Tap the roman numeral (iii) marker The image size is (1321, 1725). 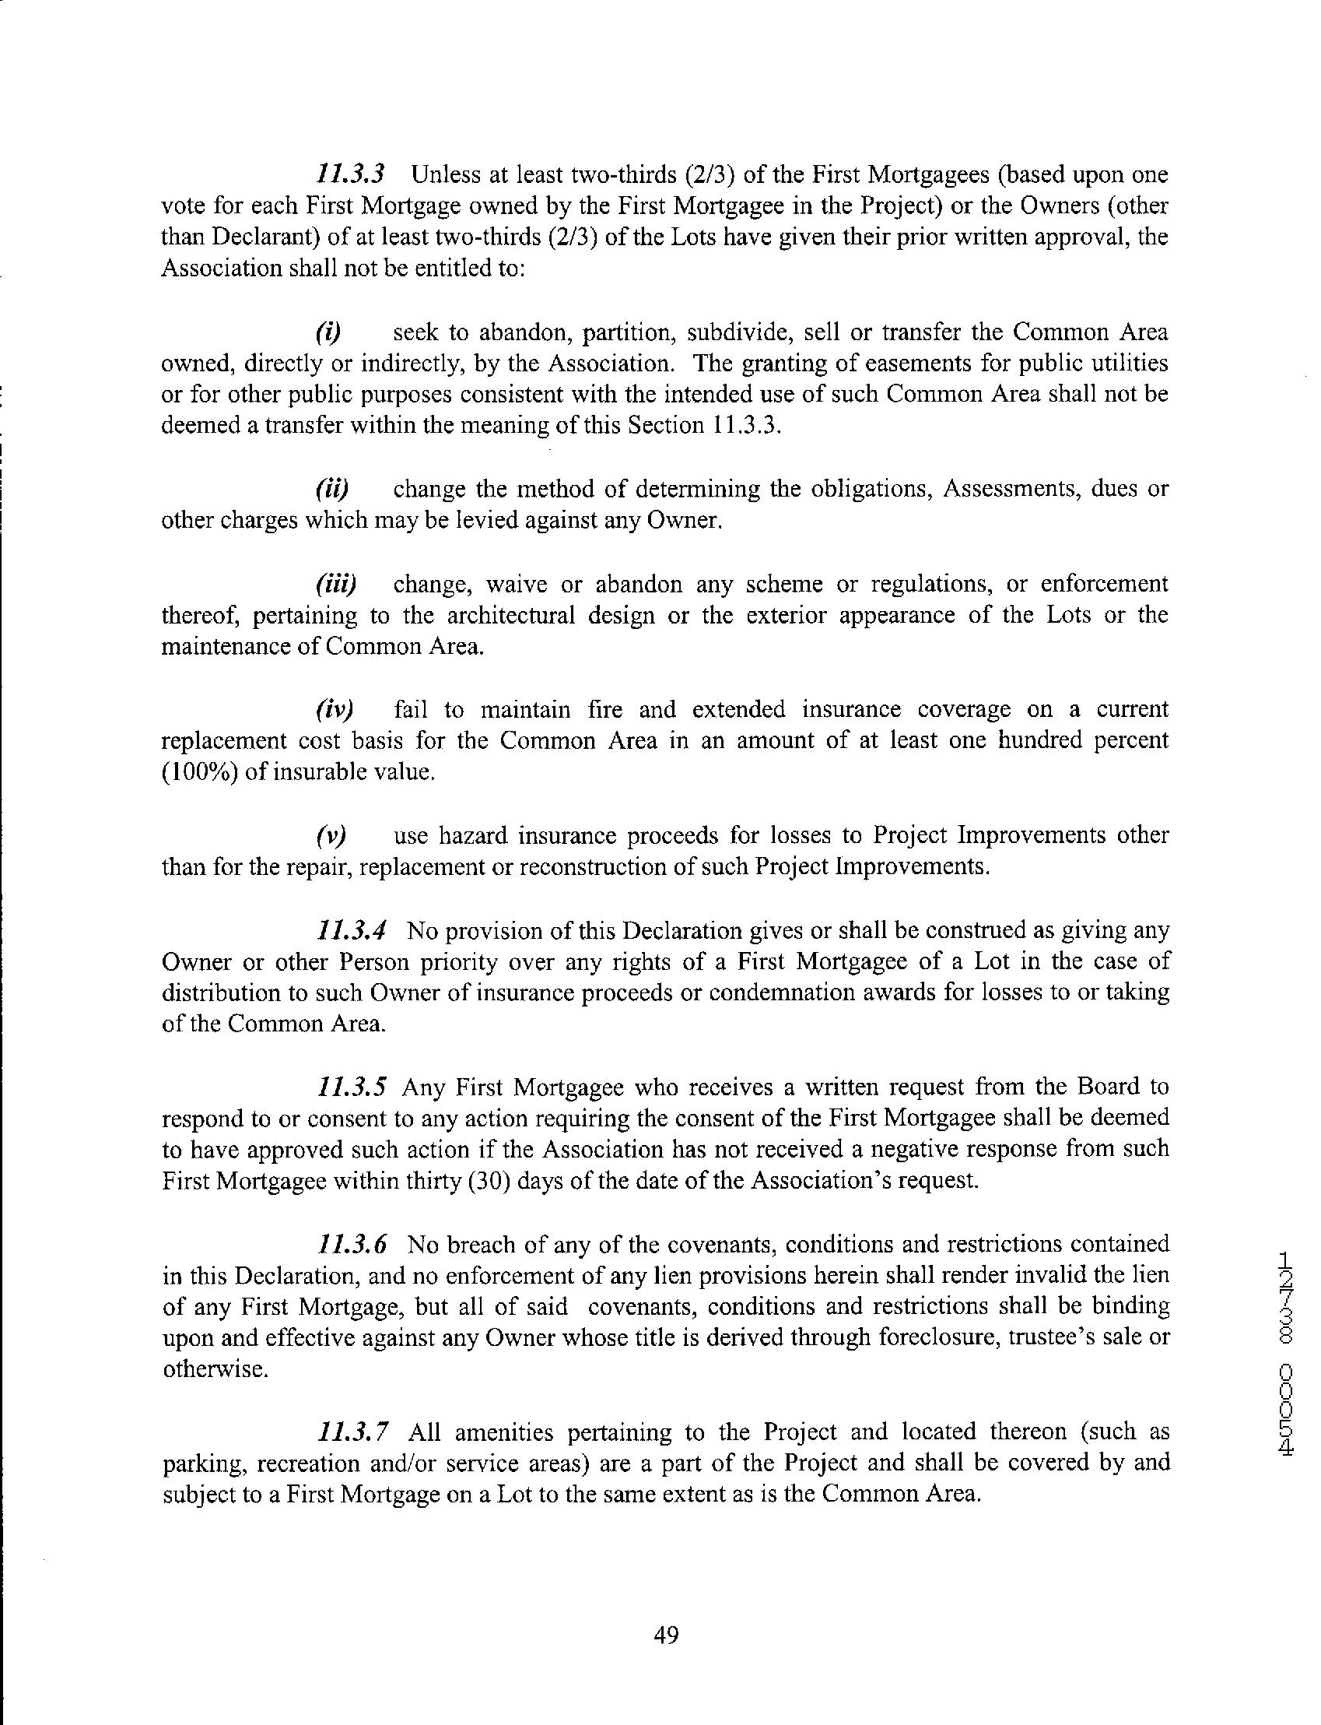pyautogui.click(x=336, y=585)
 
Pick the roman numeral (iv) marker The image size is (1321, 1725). pyautogui.click(x=335, y=710)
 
